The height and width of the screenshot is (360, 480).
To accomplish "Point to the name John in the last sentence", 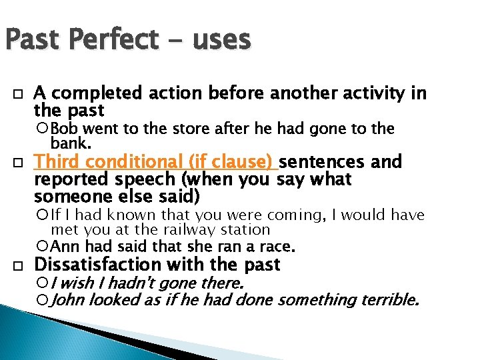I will coord(68,301).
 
